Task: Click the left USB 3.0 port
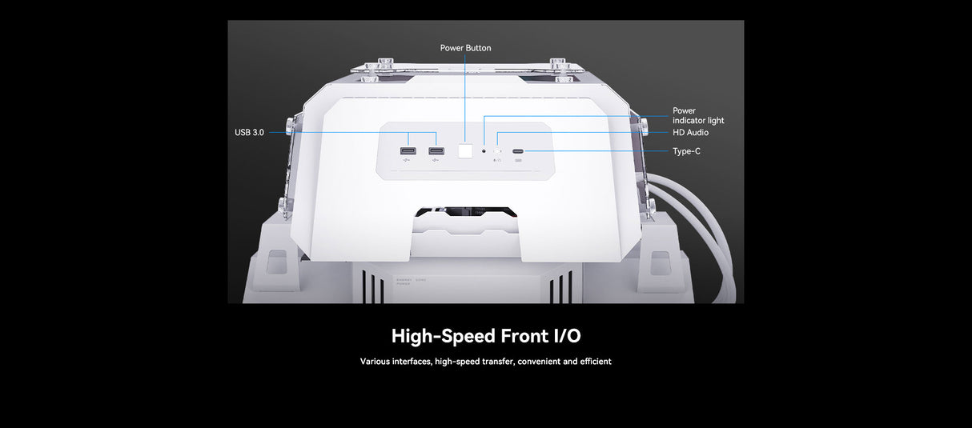pos(408,151)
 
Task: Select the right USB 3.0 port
pos(436,151)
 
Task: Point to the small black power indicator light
pos(484,151)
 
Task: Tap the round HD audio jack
pos(497,151)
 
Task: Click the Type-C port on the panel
pos(519,151)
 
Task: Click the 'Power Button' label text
pos(465,48)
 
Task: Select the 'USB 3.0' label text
pos(249,132)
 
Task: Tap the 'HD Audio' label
pos(690,132)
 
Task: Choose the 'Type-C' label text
pos(686,151)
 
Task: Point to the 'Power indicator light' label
pos(697,115)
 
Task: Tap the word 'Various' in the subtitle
pos(375,362)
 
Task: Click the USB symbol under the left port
pos(407,163)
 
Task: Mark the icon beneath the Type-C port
pos(519,162)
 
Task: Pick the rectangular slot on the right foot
pos(661,260)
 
